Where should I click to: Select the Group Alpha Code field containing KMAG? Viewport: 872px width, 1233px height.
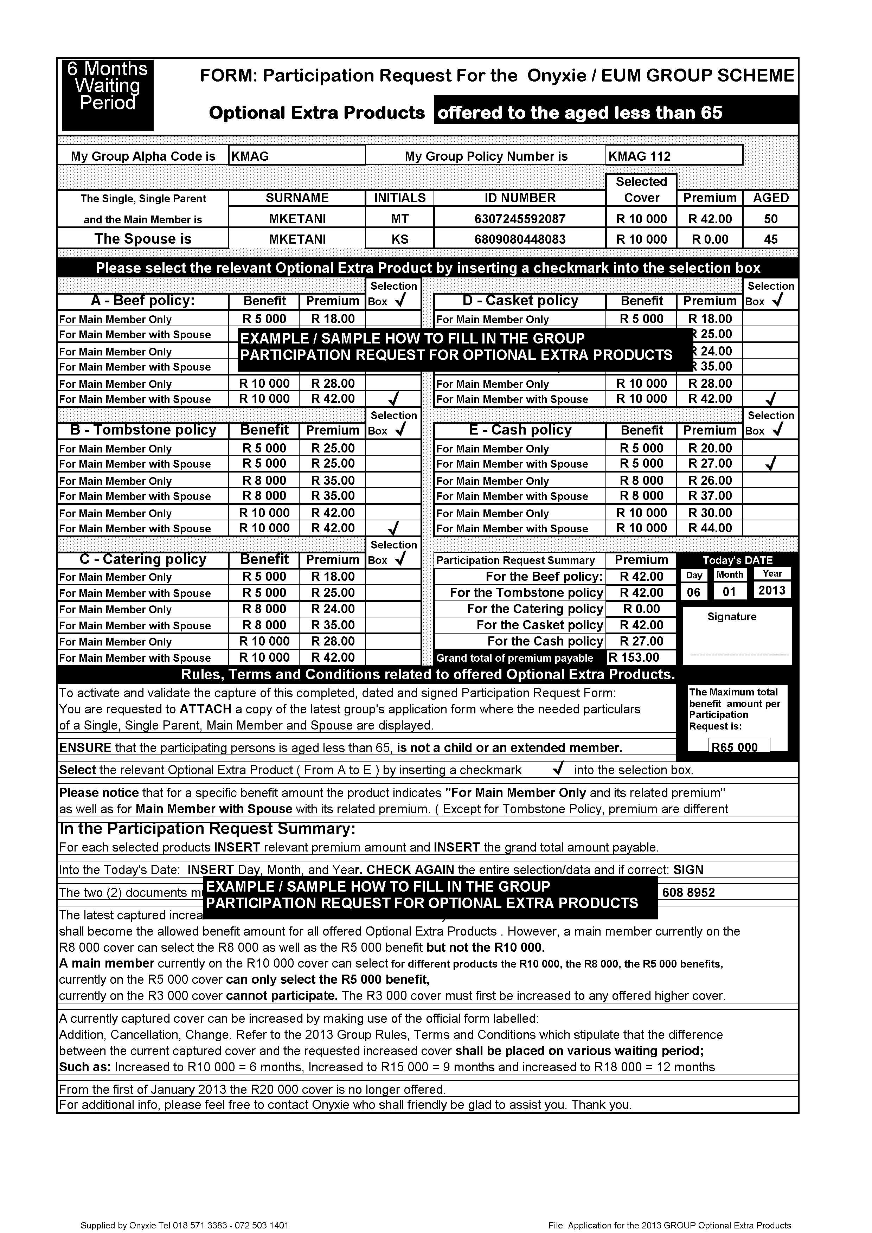[296, 156]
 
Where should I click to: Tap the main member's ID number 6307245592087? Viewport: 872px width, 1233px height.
[519, 219]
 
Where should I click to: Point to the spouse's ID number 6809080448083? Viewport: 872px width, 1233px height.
[519, 239]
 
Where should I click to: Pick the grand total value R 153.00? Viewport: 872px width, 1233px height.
[640, 657]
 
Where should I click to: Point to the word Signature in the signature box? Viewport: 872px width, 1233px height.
[731, 617]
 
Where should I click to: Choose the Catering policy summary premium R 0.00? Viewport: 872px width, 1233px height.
[641, 609]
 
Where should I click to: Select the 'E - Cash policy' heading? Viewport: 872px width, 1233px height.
[520, 430]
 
